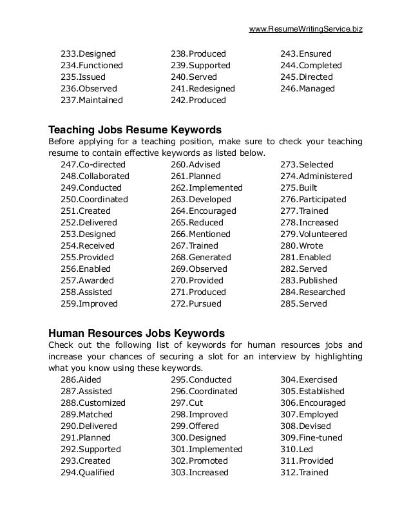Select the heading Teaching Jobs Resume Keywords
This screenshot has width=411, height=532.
coord(135,128)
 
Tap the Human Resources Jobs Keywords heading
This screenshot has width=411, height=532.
coord(137,333)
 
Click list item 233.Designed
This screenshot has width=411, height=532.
coord(88,54)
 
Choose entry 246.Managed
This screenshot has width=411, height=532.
coord(307,89)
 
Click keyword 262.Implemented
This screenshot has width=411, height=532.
coord(206,188)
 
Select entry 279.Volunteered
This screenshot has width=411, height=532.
coord(313,234)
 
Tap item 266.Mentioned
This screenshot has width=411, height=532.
coord(199,234)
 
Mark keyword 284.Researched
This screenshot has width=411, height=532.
coord(312,292)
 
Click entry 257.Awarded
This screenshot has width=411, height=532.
coord(87,281)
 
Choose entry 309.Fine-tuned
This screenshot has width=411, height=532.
coord(311,438)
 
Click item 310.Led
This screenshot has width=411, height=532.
coord(297,450)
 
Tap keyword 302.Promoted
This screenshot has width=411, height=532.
coord(198,461)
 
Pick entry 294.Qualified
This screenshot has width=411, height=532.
coord(87,473)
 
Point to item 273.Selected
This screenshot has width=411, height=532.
coord(307,165)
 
